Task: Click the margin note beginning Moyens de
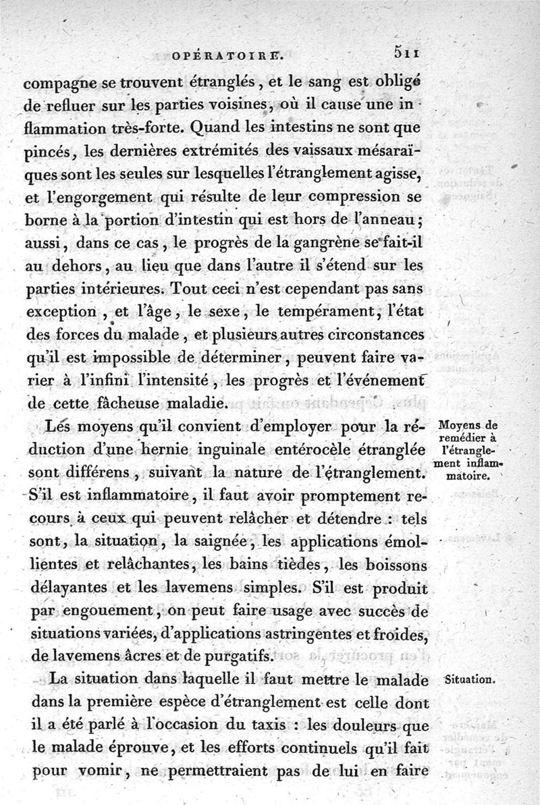point(466,450)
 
